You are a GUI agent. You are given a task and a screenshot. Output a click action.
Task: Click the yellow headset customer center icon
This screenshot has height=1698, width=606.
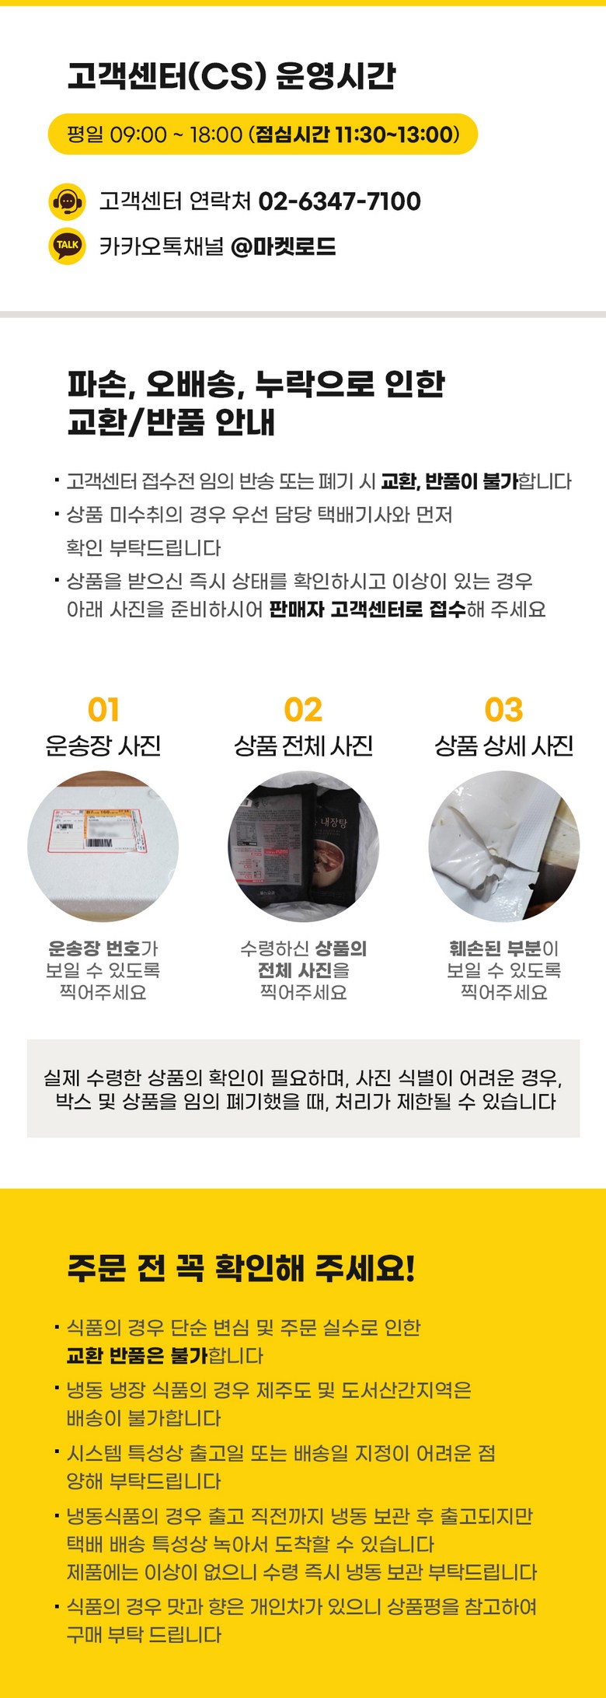click(x=67, y=202)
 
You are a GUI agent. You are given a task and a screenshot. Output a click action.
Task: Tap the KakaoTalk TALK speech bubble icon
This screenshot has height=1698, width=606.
click(x=67, y=246)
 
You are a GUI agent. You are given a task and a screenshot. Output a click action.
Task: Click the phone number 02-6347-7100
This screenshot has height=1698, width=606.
click(x=340, y=201)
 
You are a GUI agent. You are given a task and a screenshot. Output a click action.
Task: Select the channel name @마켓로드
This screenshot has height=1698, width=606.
click(x=284, y=246)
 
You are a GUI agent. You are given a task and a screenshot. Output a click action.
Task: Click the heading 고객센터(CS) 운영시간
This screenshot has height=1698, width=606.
click(x=232, y=75)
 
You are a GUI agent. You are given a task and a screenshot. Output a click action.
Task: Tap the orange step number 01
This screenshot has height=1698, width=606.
click(x=103, y=710)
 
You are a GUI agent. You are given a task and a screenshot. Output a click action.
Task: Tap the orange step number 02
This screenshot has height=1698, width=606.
click(x=303, y=710)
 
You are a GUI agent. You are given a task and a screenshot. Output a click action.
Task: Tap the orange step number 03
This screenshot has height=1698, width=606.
click(x=503, y=710)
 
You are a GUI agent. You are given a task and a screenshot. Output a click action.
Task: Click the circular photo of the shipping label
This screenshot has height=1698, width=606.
click(x=103, y=847)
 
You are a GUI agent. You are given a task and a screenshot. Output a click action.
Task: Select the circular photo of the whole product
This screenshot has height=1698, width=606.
click(x=303, y=847)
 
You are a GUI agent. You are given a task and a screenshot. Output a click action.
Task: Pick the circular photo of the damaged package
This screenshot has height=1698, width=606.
click(x=504, y=847)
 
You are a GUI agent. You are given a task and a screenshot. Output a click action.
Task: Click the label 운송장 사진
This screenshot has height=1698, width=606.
click(x=103, y=746)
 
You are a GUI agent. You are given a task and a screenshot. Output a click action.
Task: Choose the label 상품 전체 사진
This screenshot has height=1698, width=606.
click(x=303, y=746)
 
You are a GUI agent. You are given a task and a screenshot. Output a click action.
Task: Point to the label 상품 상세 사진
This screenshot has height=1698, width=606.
click(x=503, y=746)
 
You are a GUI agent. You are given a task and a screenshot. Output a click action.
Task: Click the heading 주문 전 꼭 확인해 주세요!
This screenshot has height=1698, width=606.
click(x=242, y=1268)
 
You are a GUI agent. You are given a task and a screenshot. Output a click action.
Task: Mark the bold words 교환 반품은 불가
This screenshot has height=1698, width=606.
click(x=138, y=1355)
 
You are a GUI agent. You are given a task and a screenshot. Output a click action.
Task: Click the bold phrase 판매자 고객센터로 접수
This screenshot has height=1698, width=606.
click(x=367, y=609)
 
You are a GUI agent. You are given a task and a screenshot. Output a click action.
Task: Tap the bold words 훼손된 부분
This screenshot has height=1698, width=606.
click(x=495, y=949)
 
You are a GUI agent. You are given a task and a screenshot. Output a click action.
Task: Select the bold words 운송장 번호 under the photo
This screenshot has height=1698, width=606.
click(x=94, y=949)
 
